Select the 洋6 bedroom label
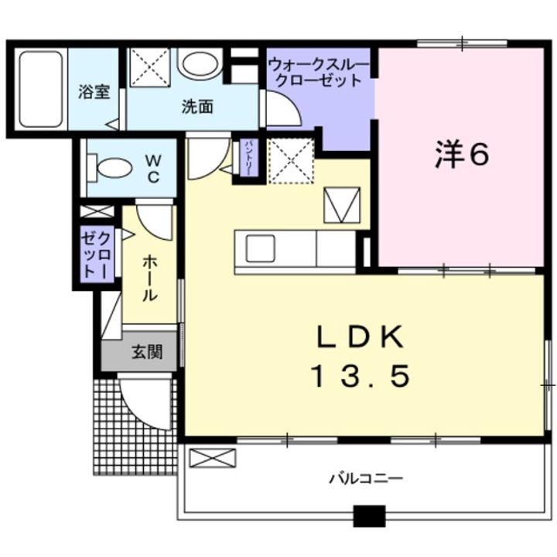point(461,156)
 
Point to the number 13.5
point(360,377)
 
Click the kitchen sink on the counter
point(260,249)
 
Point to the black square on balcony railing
point(369,516)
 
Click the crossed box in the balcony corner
point(211,457)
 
